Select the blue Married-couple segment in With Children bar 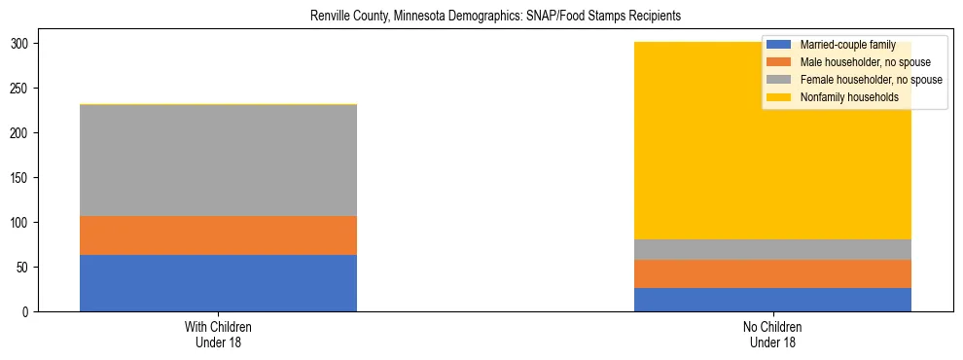(x=218, y=283)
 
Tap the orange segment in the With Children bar (x=218, y=235)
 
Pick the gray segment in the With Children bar (x=218, y=161)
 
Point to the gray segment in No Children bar (x=772, y=249)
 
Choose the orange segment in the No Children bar (x=772, y=273)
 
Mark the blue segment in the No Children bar (x=772, y=300)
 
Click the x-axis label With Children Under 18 (x=218, y=335)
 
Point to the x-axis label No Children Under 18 (x=772, y=335)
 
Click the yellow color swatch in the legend (x=779, y=97)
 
